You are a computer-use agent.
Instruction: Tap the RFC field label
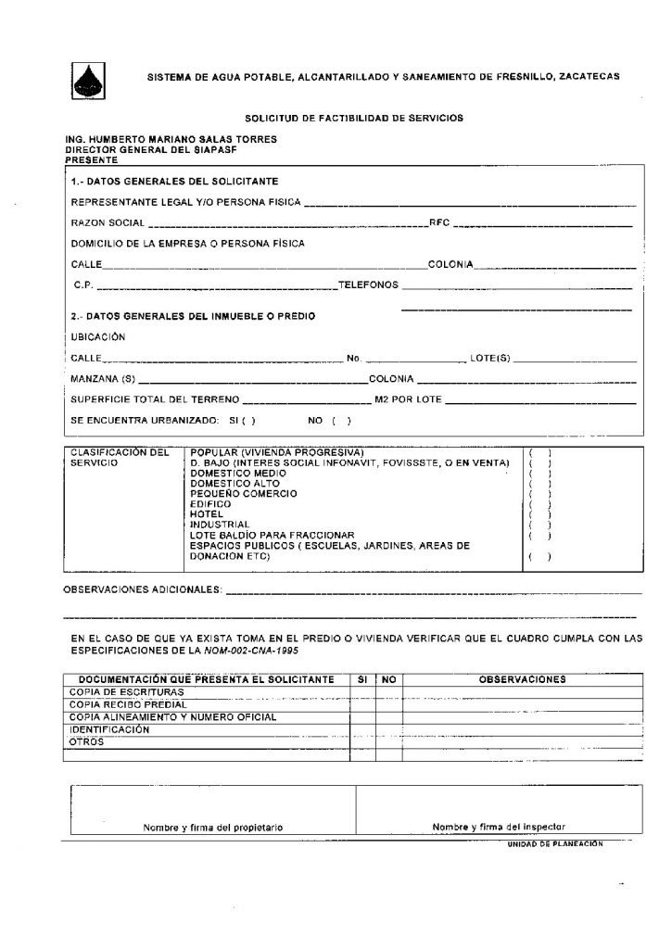pos(439,223)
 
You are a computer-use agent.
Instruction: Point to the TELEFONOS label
pos(368,285)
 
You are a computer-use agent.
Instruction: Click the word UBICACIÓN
pos(98,336)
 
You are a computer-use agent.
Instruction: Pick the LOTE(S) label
pos(491,358)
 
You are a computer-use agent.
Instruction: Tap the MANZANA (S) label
pos(103,379)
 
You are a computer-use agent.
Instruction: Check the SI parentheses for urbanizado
pos(247,421)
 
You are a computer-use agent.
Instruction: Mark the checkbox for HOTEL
pos(539,513)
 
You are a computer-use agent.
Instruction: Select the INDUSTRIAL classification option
pos(220,524)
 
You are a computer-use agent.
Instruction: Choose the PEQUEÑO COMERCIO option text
pos(244,493)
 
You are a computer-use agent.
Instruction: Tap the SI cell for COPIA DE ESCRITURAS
pos(362,691)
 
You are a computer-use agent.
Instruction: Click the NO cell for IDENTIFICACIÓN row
pos(388,729)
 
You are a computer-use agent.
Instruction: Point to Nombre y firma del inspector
pos(499,827)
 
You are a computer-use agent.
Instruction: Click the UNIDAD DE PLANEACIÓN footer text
pos(554,844)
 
